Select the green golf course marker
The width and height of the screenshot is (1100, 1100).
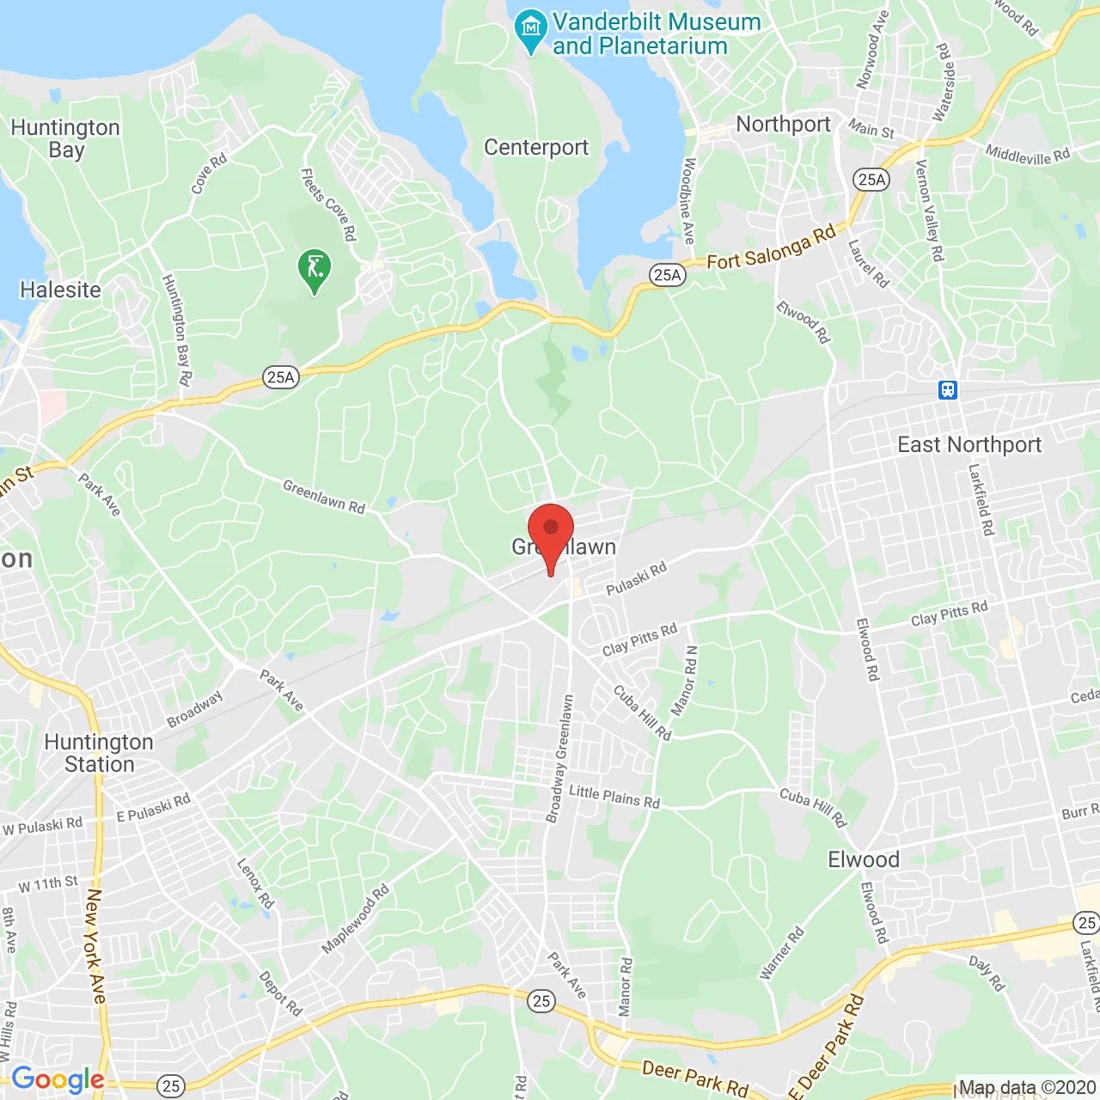pos(315,270)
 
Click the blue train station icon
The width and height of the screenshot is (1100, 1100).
pos(947,390)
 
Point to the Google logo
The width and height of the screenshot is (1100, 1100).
pos(58,1079)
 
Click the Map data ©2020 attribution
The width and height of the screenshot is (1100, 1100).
pos(1026,1088)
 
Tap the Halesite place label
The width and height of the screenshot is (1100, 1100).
pos(60,290)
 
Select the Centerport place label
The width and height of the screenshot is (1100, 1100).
pos(536,148)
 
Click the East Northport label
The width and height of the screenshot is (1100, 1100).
pos(969,444)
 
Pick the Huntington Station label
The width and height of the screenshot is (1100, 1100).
pos(99,753)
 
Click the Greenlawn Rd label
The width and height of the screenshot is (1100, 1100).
pos(324,497)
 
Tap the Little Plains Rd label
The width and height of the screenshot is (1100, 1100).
pos(614,797)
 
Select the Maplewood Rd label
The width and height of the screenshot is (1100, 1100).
pos(355,920)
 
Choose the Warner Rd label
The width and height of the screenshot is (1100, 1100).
pos(781,953)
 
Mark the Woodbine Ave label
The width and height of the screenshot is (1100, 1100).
pos(688,201)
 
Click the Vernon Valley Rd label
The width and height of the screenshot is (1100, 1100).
pos(929,211)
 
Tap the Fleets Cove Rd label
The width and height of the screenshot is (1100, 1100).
pos(328,205)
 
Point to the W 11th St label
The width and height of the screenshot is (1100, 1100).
pos(48,883)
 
